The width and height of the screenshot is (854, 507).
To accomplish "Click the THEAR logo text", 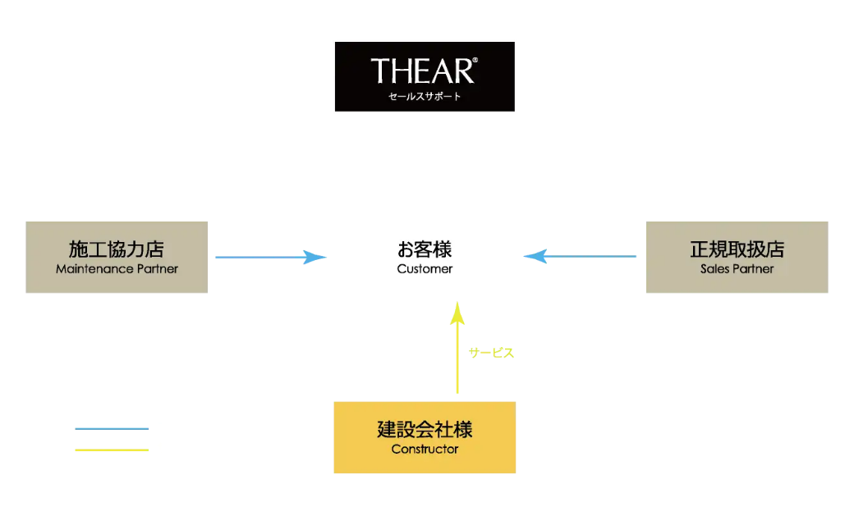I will [x=423, y=71].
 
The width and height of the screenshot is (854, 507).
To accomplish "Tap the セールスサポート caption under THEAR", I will [x=425, y=97].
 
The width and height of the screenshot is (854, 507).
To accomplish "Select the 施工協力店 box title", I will [x=117, y=249].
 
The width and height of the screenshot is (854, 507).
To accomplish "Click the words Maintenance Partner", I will [x=117, y=268].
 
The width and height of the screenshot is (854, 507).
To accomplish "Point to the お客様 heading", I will [x=425, y=249].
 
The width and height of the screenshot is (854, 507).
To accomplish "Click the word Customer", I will [x=425, y=268].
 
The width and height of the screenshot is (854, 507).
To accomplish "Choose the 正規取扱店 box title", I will [x=737, y=249].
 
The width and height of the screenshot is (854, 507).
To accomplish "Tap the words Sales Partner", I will [x=737, y=268].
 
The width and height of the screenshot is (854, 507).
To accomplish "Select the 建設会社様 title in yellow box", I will [x=425, y=429].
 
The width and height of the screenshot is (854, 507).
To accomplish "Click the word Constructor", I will [x=425, y=449].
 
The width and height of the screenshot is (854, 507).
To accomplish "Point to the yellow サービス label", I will [x=491, y=353].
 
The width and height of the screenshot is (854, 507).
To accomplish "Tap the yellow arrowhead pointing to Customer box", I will [x=457, y=312].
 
